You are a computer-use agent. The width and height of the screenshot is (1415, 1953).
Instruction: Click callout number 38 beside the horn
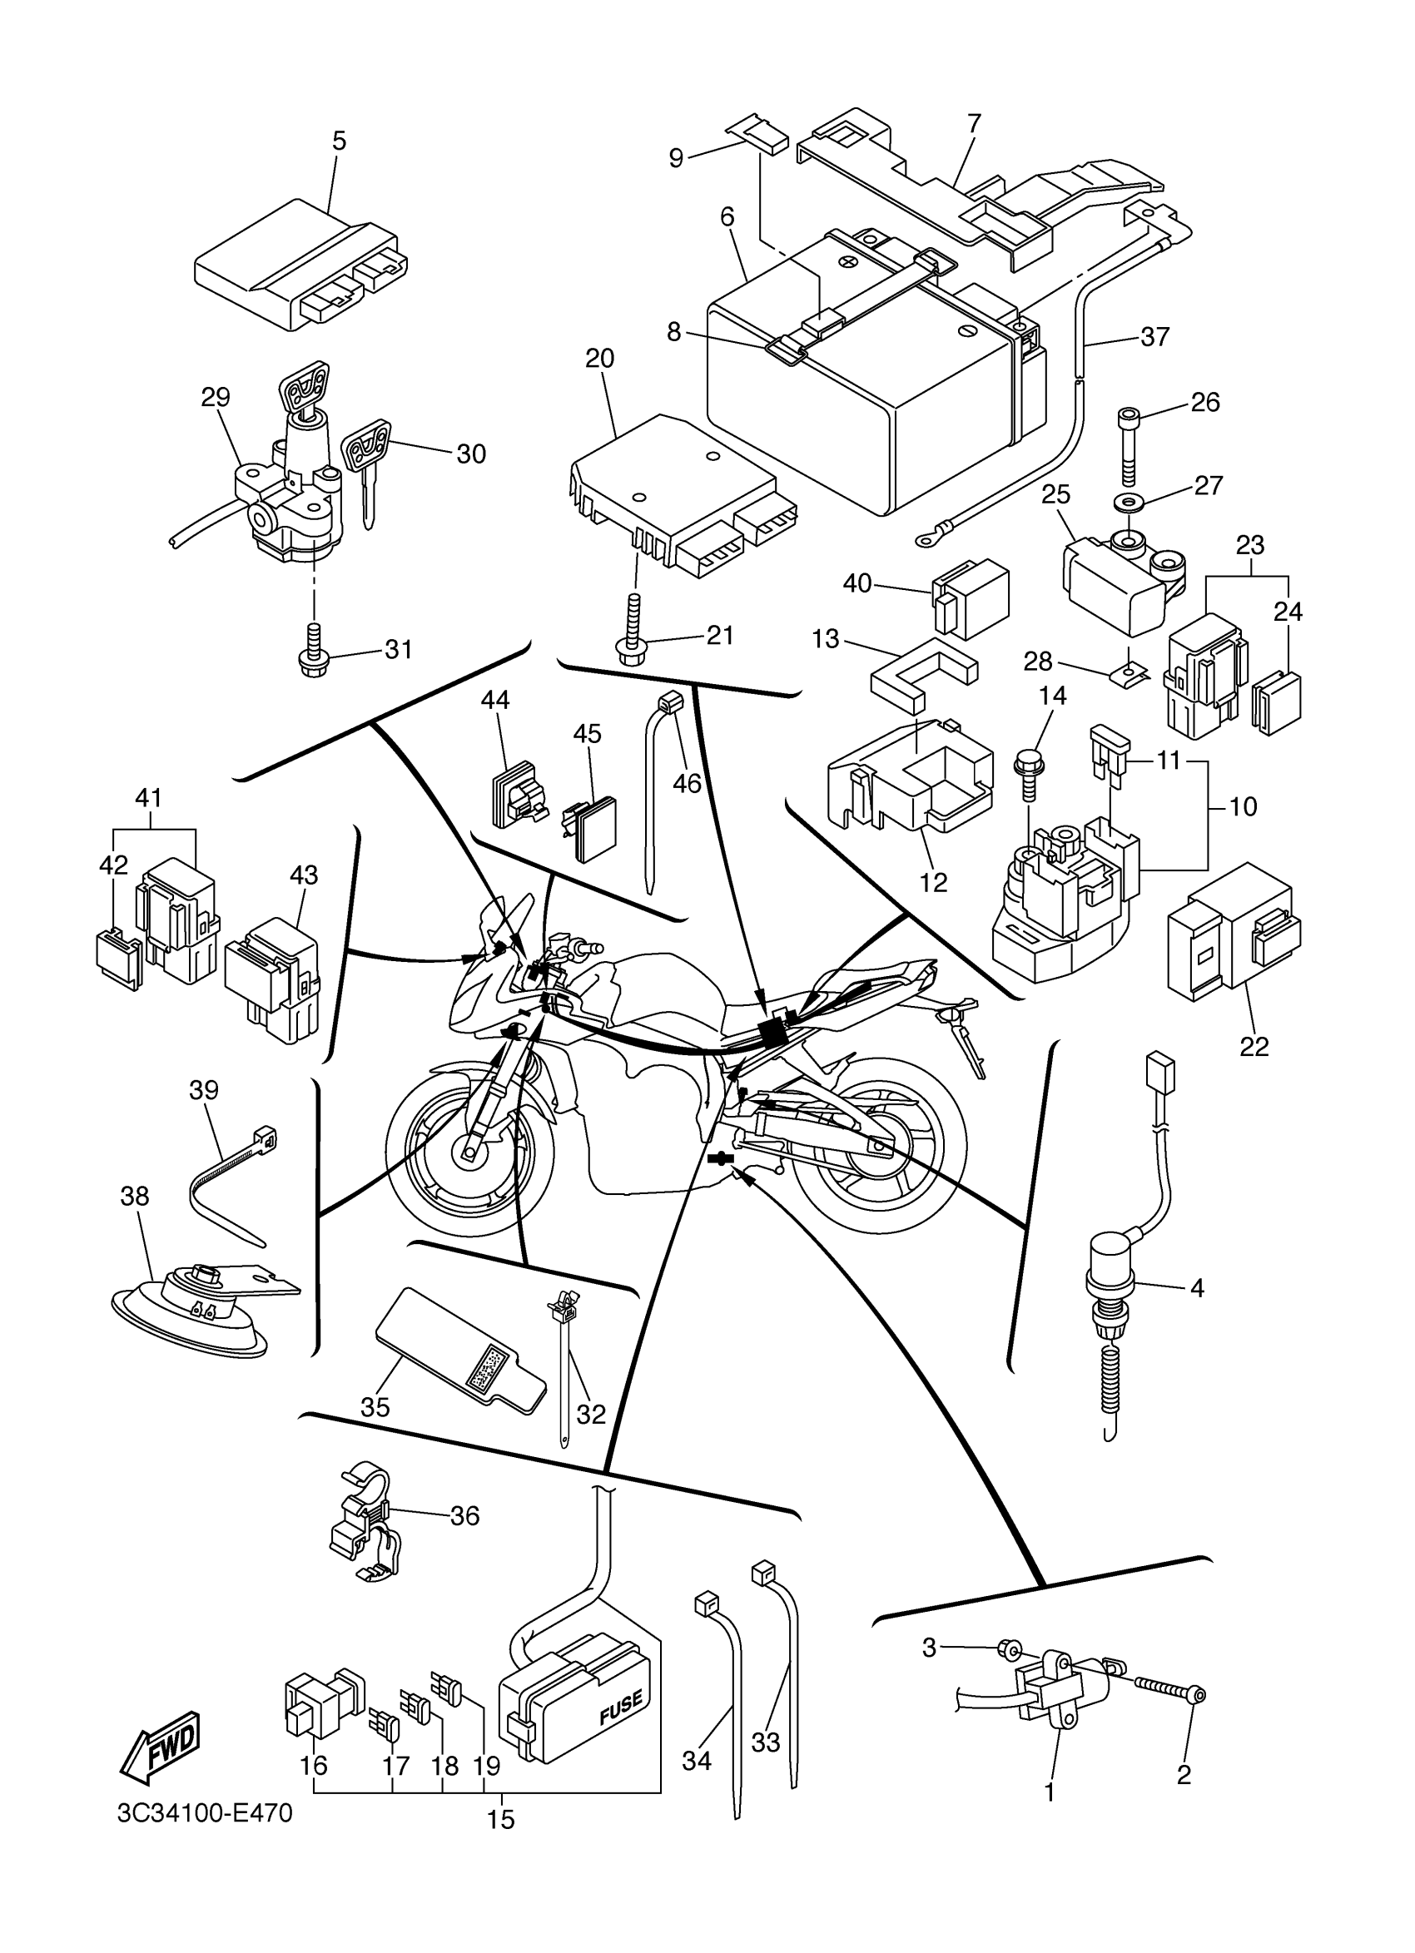pyautogui.click(x=135, y=1196)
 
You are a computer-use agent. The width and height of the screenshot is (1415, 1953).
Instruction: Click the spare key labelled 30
pyautogui.click(x=365, y=468)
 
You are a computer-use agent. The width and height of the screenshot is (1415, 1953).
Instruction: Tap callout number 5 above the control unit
pyautogui.click(x=339, y=141)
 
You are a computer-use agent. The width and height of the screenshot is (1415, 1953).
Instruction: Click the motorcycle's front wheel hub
pyautogui.click(x=472, y=1148)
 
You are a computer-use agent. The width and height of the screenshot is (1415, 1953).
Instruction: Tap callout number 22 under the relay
pyautogui.click(x=1254, y=1046)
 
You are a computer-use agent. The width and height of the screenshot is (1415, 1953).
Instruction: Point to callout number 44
pyautogui.click(x=495, y=699)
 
